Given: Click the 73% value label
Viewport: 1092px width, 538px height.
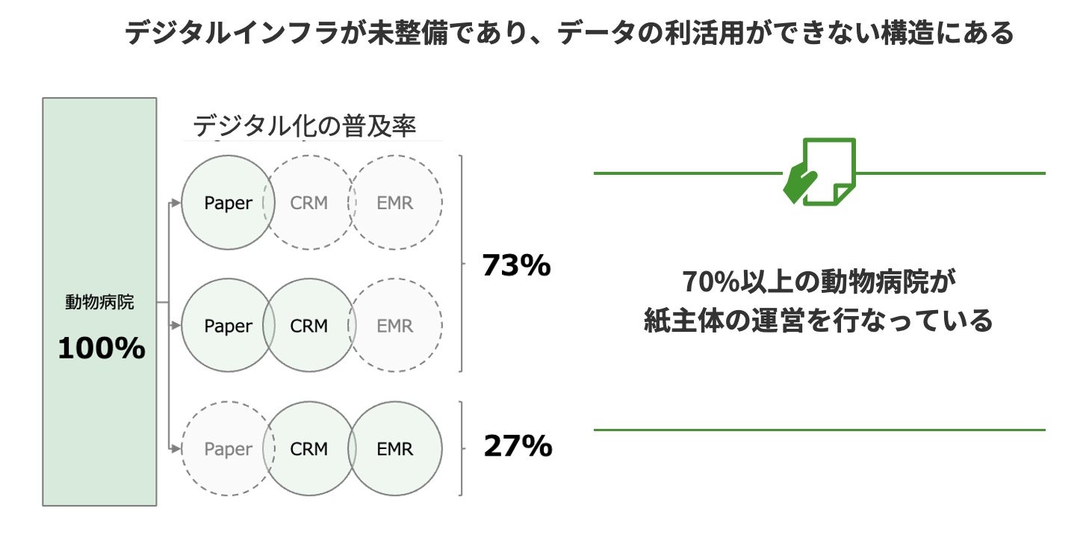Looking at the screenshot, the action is point(516,266).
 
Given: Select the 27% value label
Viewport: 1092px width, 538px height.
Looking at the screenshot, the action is point(517,446).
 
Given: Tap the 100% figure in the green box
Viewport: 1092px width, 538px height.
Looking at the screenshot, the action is point(101,348).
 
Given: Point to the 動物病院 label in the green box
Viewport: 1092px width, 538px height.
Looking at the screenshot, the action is point(99,303).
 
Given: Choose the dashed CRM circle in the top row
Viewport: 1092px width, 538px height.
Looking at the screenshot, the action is point(309,202).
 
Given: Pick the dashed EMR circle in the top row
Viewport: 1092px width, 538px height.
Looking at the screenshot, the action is point(395,202).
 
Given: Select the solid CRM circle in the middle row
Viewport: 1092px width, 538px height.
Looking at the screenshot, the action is point(309,326).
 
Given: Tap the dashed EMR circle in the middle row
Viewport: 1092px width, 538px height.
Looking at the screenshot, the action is point(395,326).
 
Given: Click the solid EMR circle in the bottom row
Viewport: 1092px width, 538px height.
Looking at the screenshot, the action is point(395,449).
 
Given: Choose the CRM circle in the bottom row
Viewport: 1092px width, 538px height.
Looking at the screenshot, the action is point(309,449).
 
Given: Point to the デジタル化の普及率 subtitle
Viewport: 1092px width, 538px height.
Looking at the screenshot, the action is point(304,126).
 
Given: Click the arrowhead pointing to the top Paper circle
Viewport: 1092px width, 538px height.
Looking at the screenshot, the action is point(177,202).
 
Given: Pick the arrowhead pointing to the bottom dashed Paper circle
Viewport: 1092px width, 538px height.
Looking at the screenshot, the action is point(177,449).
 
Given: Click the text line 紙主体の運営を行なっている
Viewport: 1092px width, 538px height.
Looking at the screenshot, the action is point(818,321).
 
